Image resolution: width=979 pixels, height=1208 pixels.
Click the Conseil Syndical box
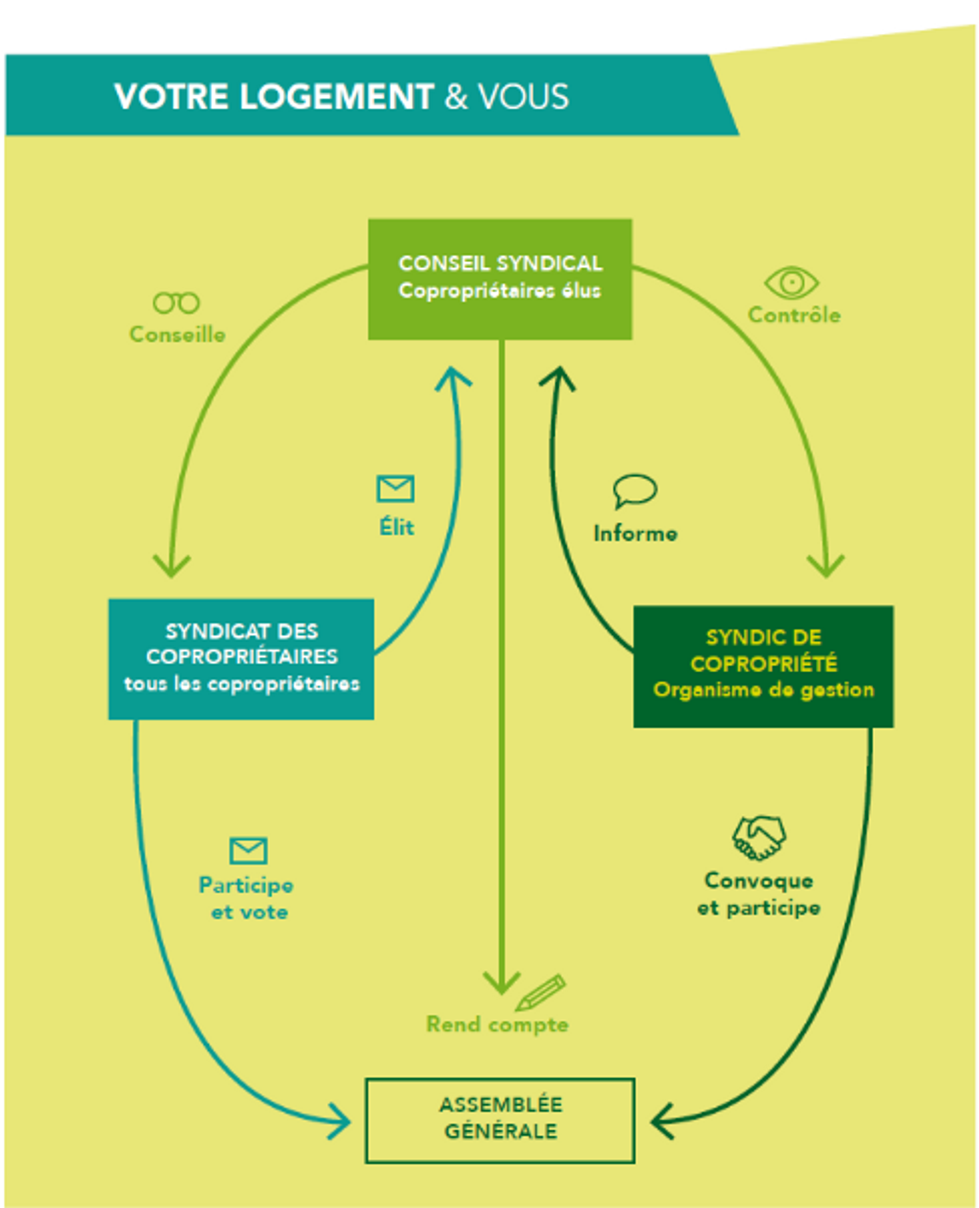(x=500, y=279)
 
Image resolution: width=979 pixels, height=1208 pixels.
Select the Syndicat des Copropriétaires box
(x=241, y=658)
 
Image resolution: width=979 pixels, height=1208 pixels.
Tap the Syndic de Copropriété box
(x=763, y=666)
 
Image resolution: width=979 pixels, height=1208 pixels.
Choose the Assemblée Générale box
(x=500, y=1120)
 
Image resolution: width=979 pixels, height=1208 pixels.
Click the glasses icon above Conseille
(x=176, y=303)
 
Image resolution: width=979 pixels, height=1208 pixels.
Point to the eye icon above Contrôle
(x=791, y=283)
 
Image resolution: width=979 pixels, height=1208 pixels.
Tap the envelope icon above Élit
(x=396, y=489)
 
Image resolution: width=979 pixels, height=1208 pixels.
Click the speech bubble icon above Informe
(x=634, y=490)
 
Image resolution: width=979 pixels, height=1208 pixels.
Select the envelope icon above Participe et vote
(x=249, y=850)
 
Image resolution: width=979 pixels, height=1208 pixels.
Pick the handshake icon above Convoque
(x=759, y=837)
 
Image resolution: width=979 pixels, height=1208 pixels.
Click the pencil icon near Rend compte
(x=541, y=992)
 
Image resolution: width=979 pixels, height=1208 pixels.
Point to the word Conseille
(x=178, y=335)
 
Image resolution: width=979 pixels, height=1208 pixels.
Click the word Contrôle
(x=794, y=315)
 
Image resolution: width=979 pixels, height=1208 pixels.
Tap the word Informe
(x=635, y=534)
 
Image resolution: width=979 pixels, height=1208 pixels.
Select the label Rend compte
(x=497, y=1025)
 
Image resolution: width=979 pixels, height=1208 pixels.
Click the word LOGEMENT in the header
(x=336, y=97)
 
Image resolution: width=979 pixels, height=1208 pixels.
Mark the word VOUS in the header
(x=523, y=97)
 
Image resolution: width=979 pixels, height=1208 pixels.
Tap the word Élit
(x=397, y=527)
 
